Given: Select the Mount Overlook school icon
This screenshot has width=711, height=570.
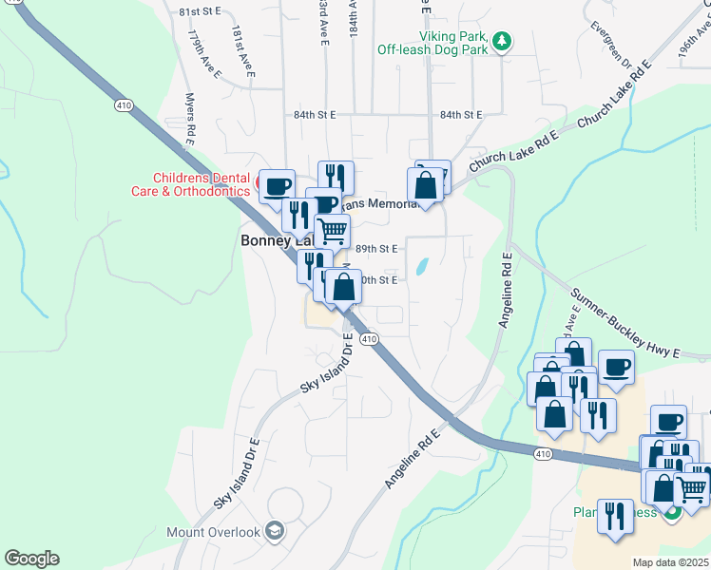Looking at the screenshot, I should coord(276,530).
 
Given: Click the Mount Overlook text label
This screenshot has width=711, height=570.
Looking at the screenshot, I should coord(213,532).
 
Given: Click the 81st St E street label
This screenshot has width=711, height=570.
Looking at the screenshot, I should coord(200,10).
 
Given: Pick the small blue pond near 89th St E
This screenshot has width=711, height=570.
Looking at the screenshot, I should coord(422,267).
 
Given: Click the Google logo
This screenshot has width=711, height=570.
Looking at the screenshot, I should coord(31,559).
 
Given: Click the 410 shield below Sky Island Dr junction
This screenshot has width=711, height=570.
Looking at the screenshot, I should coord(370,339).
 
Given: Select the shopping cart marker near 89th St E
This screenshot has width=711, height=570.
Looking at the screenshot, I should coord(332,230).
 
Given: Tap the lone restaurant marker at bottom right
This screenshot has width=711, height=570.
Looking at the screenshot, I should coord(615,517).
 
